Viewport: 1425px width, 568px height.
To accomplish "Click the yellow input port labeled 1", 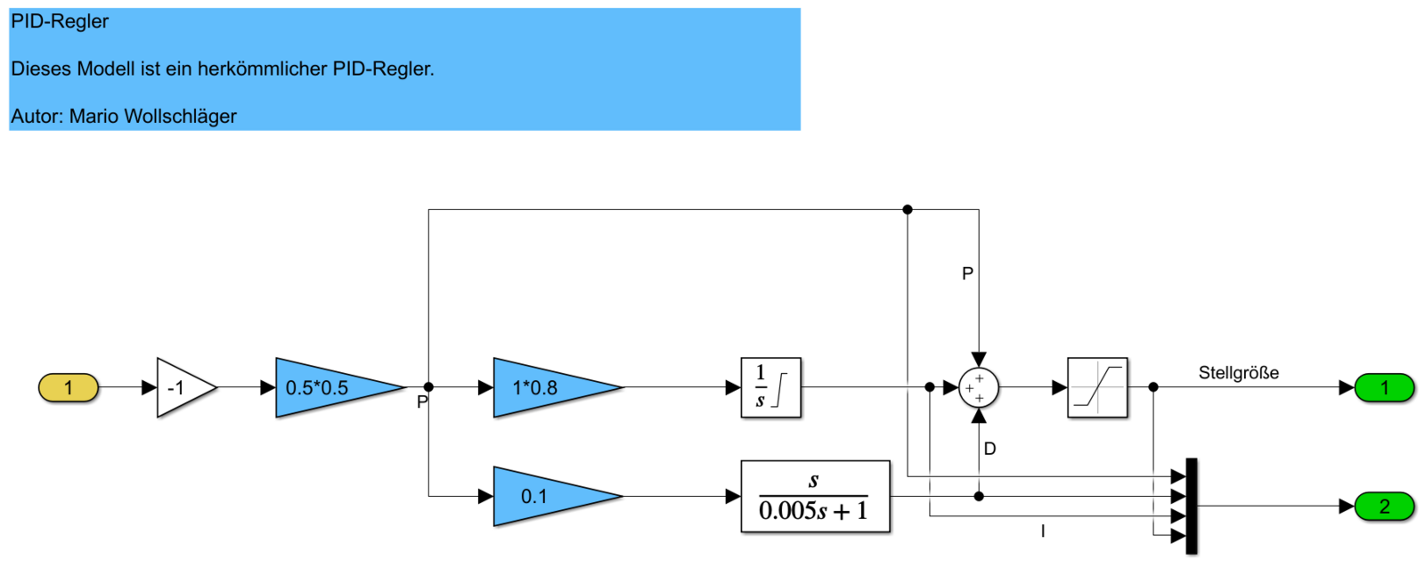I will pos(69,388).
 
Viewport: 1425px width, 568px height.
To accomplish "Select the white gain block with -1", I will pos(183,388).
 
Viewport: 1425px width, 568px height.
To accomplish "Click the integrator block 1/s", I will pos(771,388).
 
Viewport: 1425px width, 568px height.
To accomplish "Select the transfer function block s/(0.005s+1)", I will pos(815,497).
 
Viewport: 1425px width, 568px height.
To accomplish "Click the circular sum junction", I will pos(979,388).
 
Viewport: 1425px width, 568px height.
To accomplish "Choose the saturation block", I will pos(1097,388).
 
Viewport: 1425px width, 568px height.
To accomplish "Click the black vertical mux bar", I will pos(1192,506).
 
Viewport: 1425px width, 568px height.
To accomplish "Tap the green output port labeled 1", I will pos(1384,388).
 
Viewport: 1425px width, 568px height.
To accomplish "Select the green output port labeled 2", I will pos(1384,507).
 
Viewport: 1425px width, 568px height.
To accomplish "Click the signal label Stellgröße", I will pos(1238,373).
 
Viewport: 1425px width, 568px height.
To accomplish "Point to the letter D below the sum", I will pos(989,449).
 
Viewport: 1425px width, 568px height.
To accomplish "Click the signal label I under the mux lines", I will pos(1043,531).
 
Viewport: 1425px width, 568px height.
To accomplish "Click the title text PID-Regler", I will pos(60,21).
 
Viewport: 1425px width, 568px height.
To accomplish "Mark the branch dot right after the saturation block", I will pos(1153,387).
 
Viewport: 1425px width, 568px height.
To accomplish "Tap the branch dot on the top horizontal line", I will pos(908,209).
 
